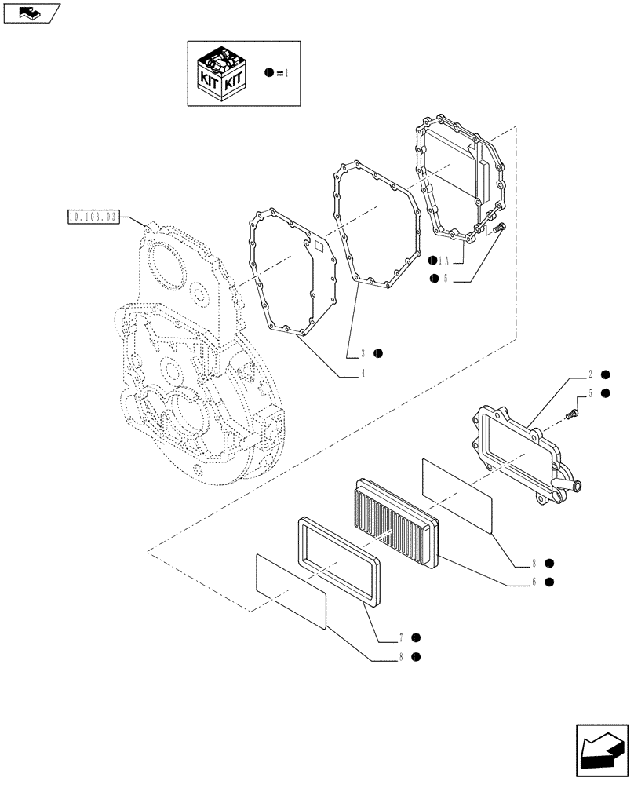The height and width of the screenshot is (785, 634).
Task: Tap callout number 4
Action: (x=363, y=374)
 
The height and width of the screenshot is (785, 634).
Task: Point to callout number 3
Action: (x=363, y=354)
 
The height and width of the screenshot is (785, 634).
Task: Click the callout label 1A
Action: (x=447, y=260)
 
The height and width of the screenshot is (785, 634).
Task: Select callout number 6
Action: (x=534, y=582)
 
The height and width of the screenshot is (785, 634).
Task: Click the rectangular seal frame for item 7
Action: (x=338, y=558)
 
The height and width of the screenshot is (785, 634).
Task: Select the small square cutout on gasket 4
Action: (x=319, y=246)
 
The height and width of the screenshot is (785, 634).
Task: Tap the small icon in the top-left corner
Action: (x=31, y=11)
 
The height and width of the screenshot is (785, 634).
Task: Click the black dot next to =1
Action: (x=269, y=72)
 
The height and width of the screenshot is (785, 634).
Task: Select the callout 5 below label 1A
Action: (x=446, y=279)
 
